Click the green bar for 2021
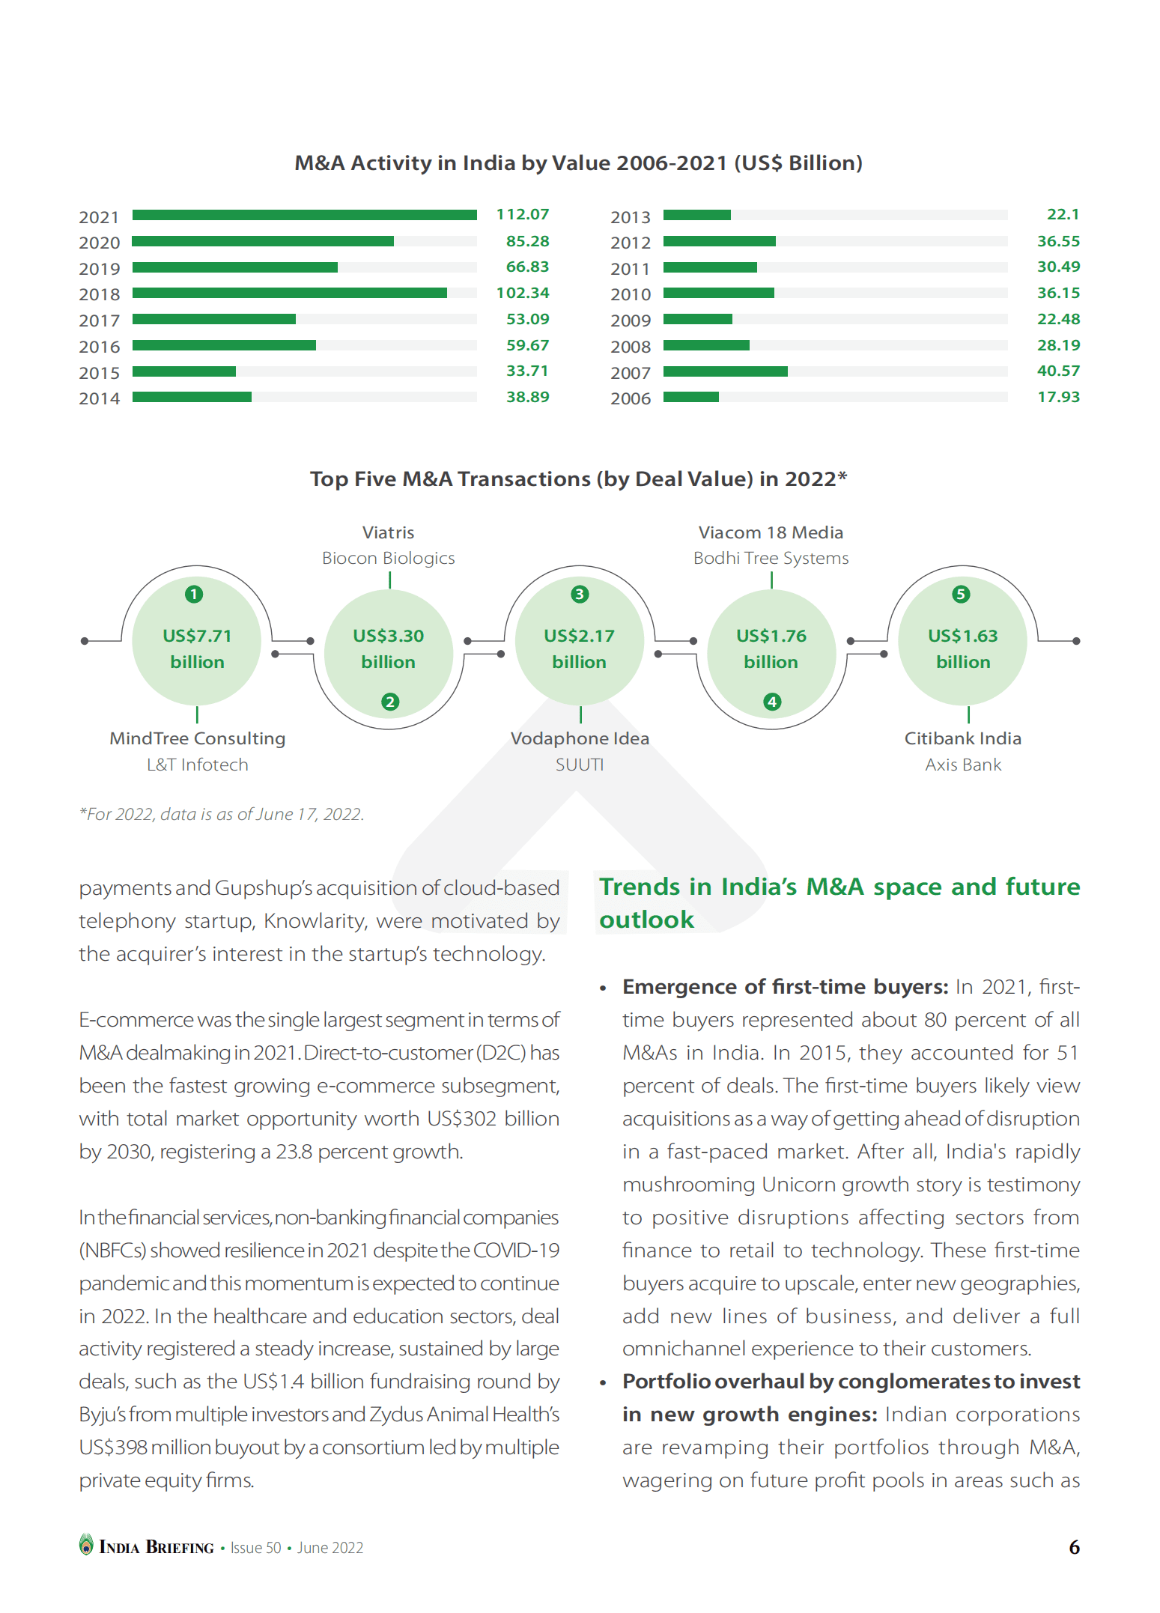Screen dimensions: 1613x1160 click(304, 216)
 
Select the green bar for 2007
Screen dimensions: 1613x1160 click(725, 371)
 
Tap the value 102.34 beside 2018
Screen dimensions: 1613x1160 click(523, 293)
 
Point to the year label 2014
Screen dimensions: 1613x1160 click(100, 398)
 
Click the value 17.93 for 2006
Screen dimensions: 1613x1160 click(1058, 397)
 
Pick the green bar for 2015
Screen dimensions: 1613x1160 click(184, 371)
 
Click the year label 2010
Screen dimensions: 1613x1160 click(631, 294)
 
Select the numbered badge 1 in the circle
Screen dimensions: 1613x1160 click(194, 594)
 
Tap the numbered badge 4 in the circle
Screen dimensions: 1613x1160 click(772, 702)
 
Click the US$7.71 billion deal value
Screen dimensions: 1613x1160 click(197, 648)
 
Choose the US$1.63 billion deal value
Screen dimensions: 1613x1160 click(963, 648)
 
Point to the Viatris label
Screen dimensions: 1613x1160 click(388, 532)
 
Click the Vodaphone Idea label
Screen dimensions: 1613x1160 click(580, 738)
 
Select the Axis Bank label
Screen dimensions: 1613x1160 click(963, 765)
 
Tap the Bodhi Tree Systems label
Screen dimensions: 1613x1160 click(771, 558)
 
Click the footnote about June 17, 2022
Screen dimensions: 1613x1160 click(222, 814)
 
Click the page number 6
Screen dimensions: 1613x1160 click(1074, 1547)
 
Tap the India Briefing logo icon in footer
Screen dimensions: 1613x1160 click(87, 1544)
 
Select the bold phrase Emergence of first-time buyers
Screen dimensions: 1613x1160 click(785, 987)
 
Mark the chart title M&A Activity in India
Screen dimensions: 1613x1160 click(578, 163)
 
